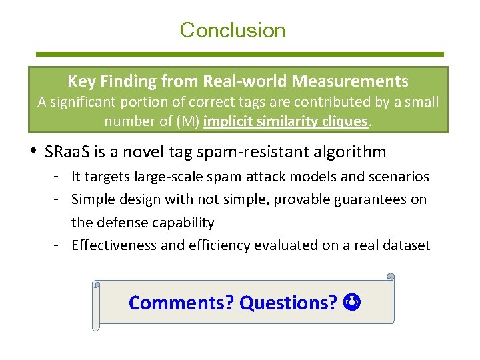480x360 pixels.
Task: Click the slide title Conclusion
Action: click(232, 30)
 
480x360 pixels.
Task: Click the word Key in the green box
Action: click(79, 81)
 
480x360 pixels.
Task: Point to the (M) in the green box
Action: click(187, 121)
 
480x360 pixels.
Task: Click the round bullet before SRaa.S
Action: click(35, 152)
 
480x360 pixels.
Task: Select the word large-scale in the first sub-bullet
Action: click(156, 177)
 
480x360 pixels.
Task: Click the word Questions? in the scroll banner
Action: click(289, 303)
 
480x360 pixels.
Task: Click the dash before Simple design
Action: click(59, 199)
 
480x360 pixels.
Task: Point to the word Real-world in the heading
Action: click(235, 81)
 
